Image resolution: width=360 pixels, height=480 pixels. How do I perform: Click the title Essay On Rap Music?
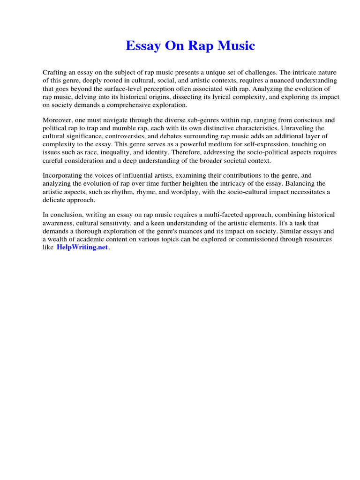click(x=190, y=46)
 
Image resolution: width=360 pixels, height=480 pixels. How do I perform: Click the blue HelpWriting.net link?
click(x=82, y=247)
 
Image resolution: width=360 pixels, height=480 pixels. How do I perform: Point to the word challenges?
click(x=259, y=73)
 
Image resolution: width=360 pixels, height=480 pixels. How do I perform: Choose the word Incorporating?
click(x=63, y=175)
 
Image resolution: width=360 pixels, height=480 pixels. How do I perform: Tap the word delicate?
click(x=54, y=199)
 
